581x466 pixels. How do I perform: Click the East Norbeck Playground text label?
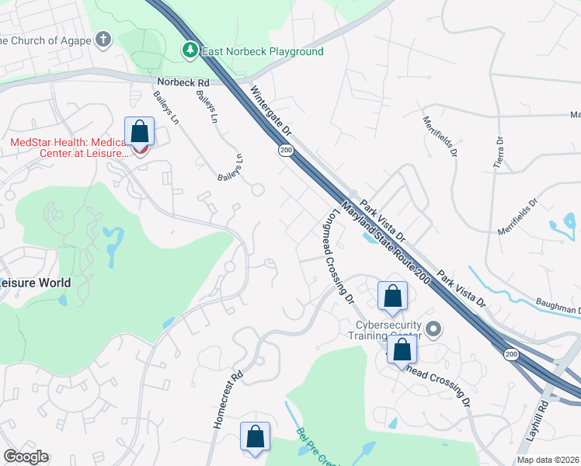coord(263,52)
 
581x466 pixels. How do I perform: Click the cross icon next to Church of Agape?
coord(105,40)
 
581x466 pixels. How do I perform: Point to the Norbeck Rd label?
coord(183,82)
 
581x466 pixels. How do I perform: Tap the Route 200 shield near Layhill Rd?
coord(510,354)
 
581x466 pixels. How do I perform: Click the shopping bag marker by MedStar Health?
coord(140,130)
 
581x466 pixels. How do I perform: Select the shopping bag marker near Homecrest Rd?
coord(255,436)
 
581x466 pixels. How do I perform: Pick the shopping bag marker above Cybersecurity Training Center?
coord(392,295)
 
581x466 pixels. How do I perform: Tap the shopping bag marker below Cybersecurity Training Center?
coord(402,349)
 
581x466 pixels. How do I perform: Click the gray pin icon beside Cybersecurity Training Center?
coord(433,330)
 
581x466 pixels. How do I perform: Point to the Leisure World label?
coord(36,283)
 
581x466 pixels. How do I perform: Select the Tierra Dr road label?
coord(499,152)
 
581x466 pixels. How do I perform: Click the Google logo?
coord(26,457)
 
